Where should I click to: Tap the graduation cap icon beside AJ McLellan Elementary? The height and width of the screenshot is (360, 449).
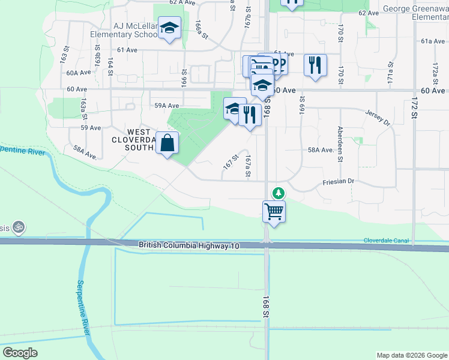coord(169,28)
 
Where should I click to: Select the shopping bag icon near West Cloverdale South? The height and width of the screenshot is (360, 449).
coord(168,143)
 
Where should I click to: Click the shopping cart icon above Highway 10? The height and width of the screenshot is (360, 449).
coord(274,211)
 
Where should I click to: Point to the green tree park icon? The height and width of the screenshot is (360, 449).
coord(278,193)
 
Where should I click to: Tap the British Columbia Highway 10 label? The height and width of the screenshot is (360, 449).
coord(189,245)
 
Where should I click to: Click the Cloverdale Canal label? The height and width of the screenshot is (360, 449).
coord(386,241)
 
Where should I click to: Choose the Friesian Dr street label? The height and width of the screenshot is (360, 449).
coord(339,181)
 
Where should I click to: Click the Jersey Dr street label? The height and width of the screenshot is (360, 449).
coord(378,116)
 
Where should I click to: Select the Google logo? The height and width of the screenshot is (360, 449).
coord(20,353)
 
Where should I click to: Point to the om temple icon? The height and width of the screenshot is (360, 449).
coord(19,227)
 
